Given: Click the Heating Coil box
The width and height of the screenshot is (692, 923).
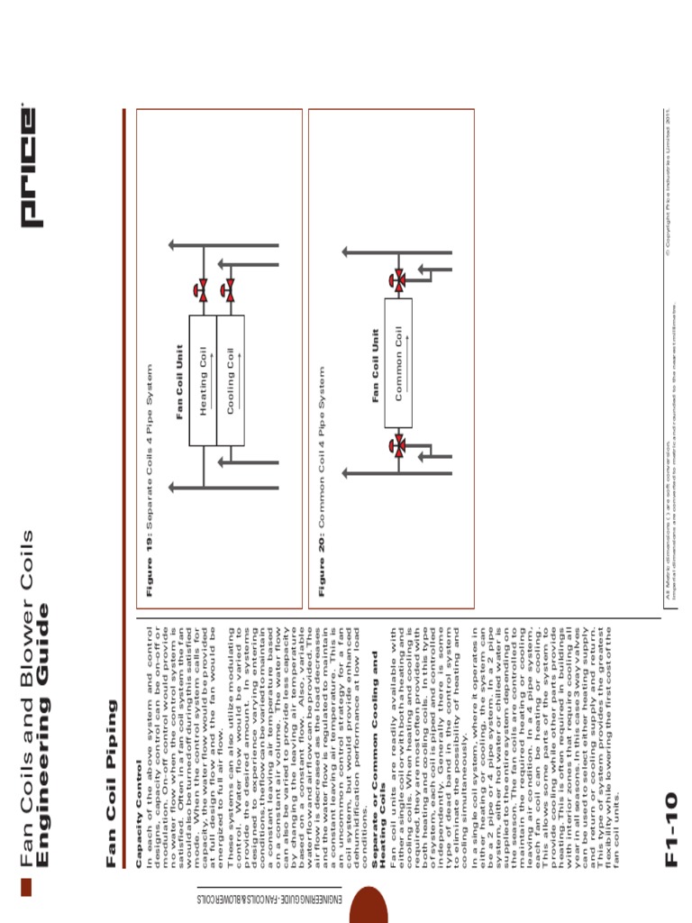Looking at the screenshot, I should (203, 379).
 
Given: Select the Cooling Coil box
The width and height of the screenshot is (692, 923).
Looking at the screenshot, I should (230, 379).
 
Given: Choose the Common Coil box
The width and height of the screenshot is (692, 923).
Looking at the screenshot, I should (398, 362).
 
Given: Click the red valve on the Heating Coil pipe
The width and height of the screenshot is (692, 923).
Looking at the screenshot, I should (203, 289).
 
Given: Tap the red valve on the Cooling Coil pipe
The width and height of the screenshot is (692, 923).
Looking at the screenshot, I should (229, 289).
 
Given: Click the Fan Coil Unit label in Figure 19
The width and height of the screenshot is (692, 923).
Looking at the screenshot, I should (179, 381).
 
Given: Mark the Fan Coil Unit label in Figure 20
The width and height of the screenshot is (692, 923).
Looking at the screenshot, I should (376, 364).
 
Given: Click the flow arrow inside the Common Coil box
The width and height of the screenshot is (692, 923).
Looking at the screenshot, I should (406, 362).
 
